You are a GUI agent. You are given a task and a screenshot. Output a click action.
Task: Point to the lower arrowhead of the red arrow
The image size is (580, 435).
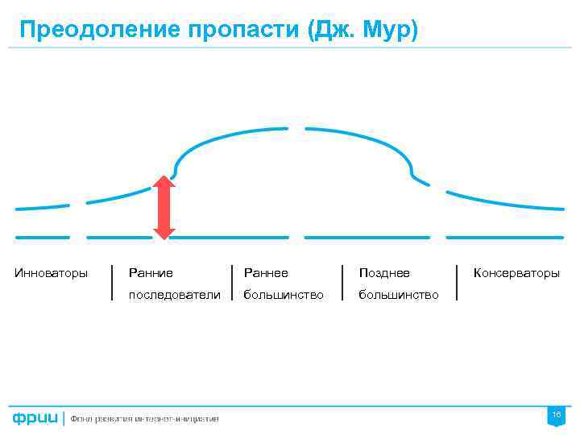tap(164, 232)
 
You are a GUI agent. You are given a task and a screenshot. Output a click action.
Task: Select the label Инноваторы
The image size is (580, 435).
tap(52, 273)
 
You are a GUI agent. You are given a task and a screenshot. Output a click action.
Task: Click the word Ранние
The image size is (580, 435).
tap(151, 273)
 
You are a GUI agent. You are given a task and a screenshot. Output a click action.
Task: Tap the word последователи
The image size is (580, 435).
tap(174, 295)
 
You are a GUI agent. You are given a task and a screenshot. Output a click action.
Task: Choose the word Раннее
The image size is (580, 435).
tap(266, 273)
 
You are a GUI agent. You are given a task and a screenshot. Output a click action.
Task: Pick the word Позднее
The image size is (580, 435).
tap(384, 273)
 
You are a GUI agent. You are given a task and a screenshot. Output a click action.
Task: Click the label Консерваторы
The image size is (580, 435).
tap(516, 273)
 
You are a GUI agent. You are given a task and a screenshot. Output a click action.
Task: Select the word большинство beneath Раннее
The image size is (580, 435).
tap(284, 295)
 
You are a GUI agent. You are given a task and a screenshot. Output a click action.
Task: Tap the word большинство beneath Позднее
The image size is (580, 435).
tap(399, 295)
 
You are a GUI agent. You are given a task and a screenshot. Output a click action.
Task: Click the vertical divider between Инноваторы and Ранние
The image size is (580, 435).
tap(112, 282)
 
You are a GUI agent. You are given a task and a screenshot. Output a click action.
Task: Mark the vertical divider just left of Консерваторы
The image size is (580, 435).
tap(458, 282)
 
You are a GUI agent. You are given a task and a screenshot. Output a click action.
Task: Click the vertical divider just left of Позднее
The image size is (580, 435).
tap(343, 282)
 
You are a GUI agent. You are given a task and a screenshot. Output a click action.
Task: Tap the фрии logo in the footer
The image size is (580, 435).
tap(35, 417)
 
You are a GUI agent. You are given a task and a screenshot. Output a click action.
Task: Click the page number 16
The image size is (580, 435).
tap(556, 414)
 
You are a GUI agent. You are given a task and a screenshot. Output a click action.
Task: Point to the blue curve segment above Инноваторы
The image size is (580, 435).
tap(42, 207)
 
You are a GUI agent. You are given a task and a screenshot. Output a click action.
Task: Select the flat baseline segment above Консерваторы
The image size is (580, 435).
tap(504, 238)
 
